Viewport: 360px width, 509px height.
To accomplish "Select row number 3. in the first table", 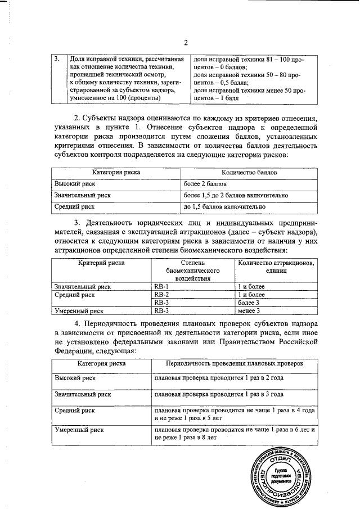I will click(57, 59).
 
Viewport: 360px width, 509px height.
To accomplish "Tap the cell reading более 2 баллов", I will click(206, 184).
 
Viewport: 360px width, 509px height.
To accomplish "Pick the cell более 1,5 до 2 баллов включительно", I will click(236, 195).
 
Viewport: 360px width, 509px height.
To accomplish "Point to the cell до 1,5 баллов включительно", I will click(224, 207).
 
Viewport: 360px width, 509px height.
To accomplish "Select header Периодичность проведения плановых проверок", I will click(234, 364).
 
